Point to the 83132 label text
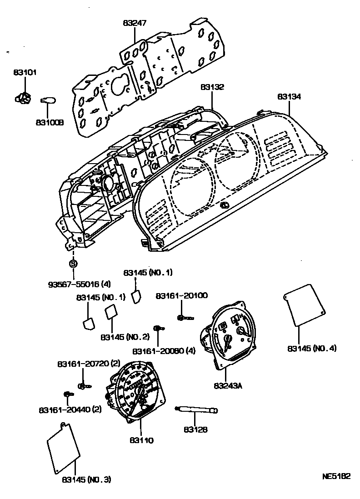pos(212,86)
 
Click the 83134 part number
pos(290,97)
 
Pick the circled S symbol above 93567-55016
pos(73,263)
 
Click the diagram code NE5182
pos(336,477)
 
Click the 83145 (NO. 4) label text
pos(312,349)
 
